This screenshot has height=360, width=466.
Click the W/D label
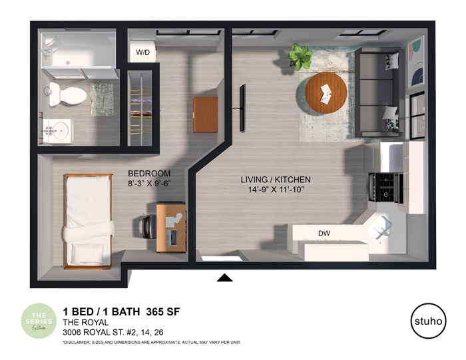click(142, 52)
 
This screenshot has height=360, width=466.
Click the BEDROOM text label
click(150, 173)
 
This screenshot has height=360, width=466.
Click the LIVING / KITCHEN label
click(276, 180)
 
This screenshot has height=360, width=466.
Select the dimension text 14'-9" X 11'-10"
click(276, 190)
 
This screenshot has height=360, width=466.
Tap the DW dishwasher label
click(324, 234)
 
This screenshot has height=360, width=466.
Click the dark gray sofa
click(377, 92)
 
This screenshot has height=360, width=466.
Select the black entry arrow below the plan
click(225, 277)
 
